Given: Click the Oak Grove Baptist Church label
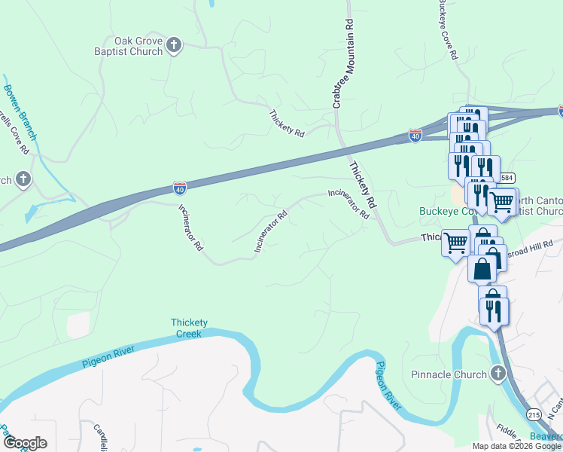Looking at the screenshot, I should tap(138, 46).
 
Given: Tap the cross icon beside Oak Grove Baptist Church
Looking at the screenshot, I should tap(174, 46).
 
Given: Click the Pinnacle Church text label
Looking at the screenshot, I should tap(449, 374).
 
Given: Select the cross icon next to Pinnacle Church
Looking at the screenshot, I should tap(498, 373).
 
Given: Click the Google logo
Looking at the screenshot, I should tap(25, 443).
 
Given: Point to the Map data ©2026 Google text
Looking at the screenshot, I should tap(516, 446).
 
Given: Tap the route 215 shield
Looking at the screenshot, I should tap(534, 414).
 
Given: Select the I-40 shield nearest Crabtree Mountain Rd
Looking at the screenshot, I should tap(415, 135).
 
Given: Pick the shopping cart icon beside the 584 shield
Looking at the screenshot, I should tap(501, 201).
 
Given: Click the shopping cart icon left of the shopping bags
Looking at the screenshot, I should tap(455, 243).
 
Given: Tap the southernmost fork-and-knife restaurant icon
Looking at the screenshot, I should tap(493, 310).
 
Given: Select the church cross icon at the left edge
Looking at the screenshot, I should tap(23, 179).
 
